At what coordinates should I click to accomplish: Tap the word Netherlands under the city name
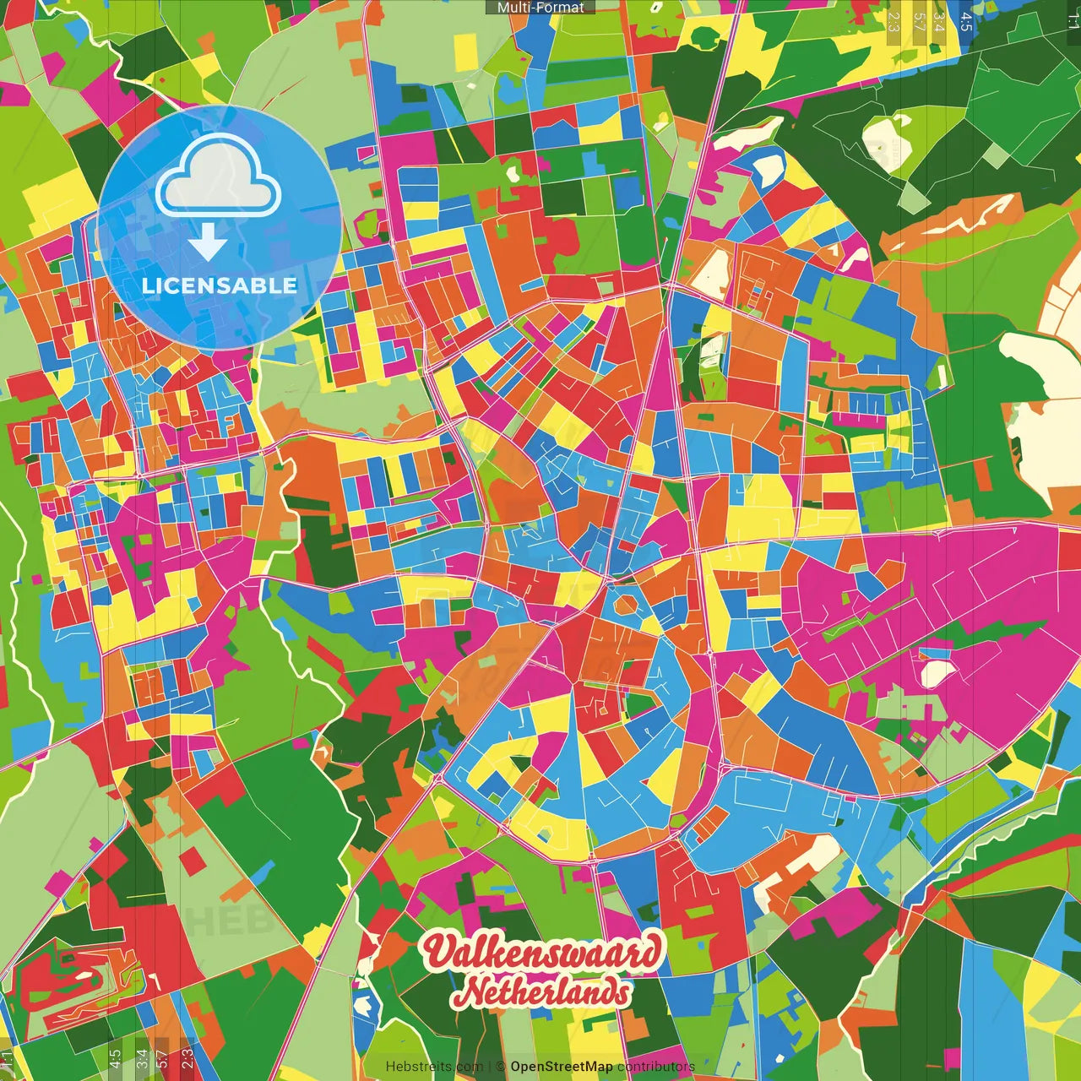point(540,991)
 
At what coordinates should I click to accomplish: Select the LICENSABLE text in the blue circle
point(220,285)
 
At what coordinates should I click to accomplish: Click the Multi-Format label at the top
point(540,8)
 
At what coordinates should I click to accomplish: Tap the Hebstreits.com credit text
point(434,1067)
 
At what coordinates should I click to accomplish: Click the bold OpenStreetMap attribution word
point(562,1067)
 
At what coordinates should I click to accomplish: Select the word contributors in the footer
point(656,1067)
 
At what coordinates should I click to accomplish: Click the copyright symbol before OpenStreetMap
point(500,1067)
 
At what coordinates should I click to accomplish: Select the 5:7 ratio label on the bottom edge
point(163,1059)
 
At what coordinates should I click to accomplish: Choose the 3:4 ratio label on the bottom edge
point(142,1059)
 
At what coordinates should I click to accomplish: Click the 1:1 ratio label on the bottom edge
point(8,1059)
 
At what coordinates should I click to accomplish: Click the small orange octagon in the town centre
point(625,605)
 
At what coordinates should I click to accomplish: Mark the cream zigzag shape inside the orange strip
point(963,221)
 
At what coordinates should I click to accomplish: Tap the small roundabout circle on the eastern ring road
point(725,768)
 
